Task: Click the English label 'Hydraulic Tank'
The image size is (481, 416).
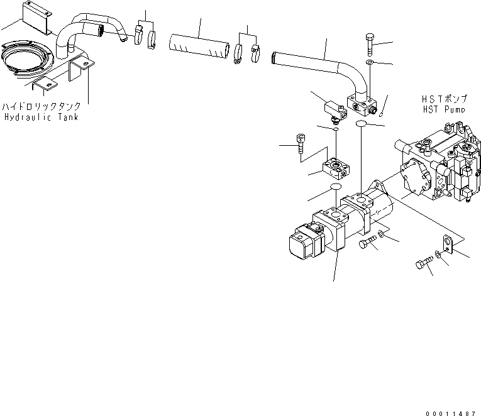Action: [41, 117]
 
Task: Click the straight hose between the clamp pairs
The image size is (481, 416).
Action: [197, 48]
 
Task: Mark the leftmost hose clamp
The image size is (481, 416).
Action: [140, 36]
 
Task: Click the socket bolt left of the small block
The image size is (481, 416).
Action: [299, 143]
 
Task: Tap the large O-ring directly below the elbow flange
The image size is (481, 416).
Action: [361, 125]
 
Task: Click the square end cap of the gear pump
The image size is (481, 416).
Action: [302, 240]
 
